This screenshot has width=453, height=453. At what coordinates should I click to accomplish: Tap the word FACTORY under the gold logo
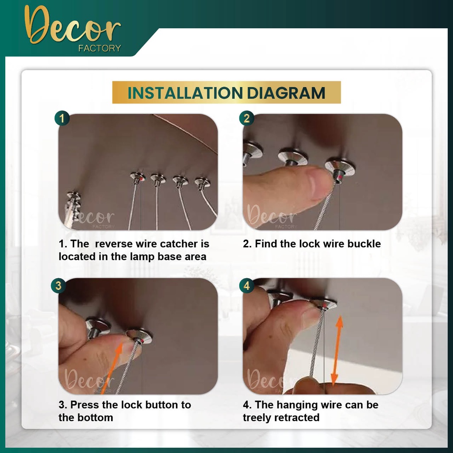[x=100, y=48]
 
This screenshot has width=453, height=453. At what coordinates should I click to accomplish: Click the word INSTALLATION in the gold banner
[x=185, y=93]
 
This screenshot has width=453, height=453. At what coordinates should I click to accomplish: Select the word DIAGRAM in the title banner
[x=286, y=93]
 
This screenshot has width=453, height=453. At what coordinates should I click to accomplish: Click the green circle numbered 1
[x=62, y=118]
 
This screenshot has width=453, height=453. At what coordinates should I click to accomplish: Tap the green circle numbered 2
[x=246, y=118]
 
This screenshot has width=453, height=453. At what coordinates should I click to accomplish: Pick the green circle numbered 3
[x=58, y=285]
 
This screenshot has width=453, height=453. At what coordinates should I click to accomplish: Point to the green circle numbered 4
[x=246, y=285]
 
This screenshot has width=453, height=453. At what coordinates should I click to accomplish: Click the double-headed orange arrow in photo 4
[x=337, y=351]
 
